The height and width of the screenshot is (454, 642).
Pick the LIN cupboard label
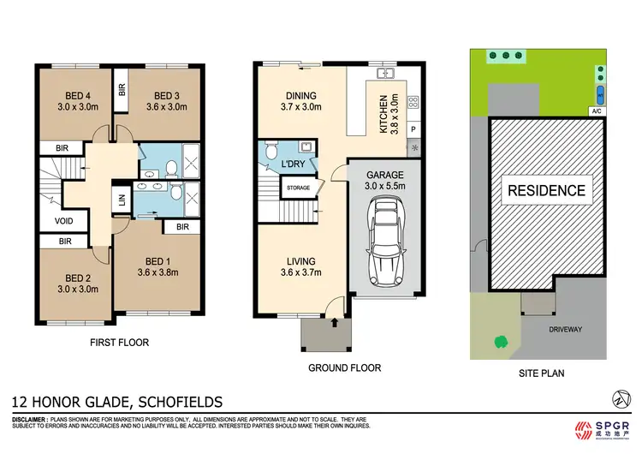(x=121, y=201)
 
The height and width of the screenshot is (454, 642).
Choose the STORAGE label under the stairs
(x=298, y=187)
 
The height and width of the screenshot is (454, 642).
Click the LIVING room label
(x=301, y=261)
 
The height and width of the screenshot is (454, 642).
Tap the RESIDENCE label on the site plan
(x=548, y=191)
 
